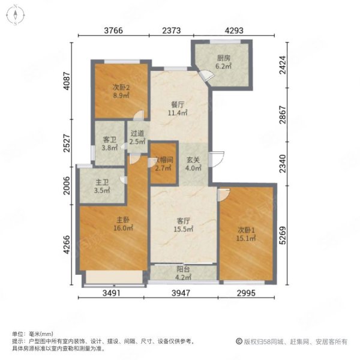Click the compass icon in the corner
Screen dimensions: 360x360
click(x=15, y=15)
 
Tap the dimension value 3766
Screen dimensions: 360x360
click(x=113, y=31)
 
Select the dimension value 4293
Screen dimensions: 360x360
click(x=234, y=31)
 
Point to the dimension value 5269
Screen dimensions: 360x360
click(x=283, y=235)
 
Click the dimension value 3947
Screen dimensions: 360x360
click(x=181, y=293)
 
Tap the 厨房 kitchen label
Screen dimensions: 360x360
click(x=223, y=58)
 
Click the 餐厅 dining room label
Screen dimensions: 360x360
click(x=178, y=104)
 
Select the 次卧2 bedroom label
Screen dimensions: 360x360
click(x=121, y=88)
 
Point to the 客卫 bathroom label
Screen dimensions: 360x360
click(x=110, y=139)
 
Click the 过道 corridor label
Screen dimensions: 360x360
click(x=137, y=133)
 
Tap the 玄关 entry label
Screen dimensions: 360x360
click(x=193, y=160)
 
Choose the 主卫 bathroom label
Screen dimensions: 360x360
click(x=102, y=182)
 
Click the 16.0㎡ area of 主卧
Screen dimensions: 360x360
click(x=123, y=228)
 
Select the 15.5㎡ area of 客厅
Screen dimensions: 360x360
click(x=183, y=229)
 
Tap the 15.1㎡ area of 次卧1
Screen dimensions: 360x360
click(x=246, y=238)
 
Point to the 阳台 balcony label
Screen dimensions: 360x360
click(x=183, y=269)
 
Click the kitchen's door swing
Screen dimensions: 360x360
click(x=208, y=75)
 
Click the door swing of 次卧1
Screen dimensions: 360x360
click(x=224, y=195)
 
